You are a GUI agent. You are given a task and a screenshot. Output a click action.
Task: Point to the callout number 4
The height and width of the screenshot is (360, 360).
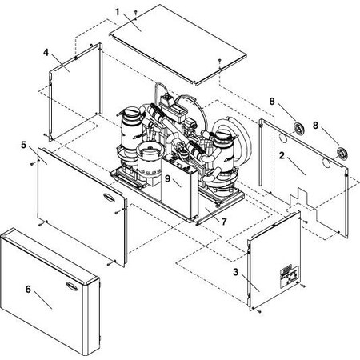[x=46, y=52]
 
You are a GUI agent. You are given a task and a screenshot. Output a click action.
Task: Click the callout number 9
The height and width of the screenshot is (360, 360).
[x=168, y=179]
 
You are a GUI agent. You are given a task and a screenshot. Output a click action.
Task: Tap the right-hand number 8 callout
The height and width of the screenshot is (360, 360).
[x=317, y=125]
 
